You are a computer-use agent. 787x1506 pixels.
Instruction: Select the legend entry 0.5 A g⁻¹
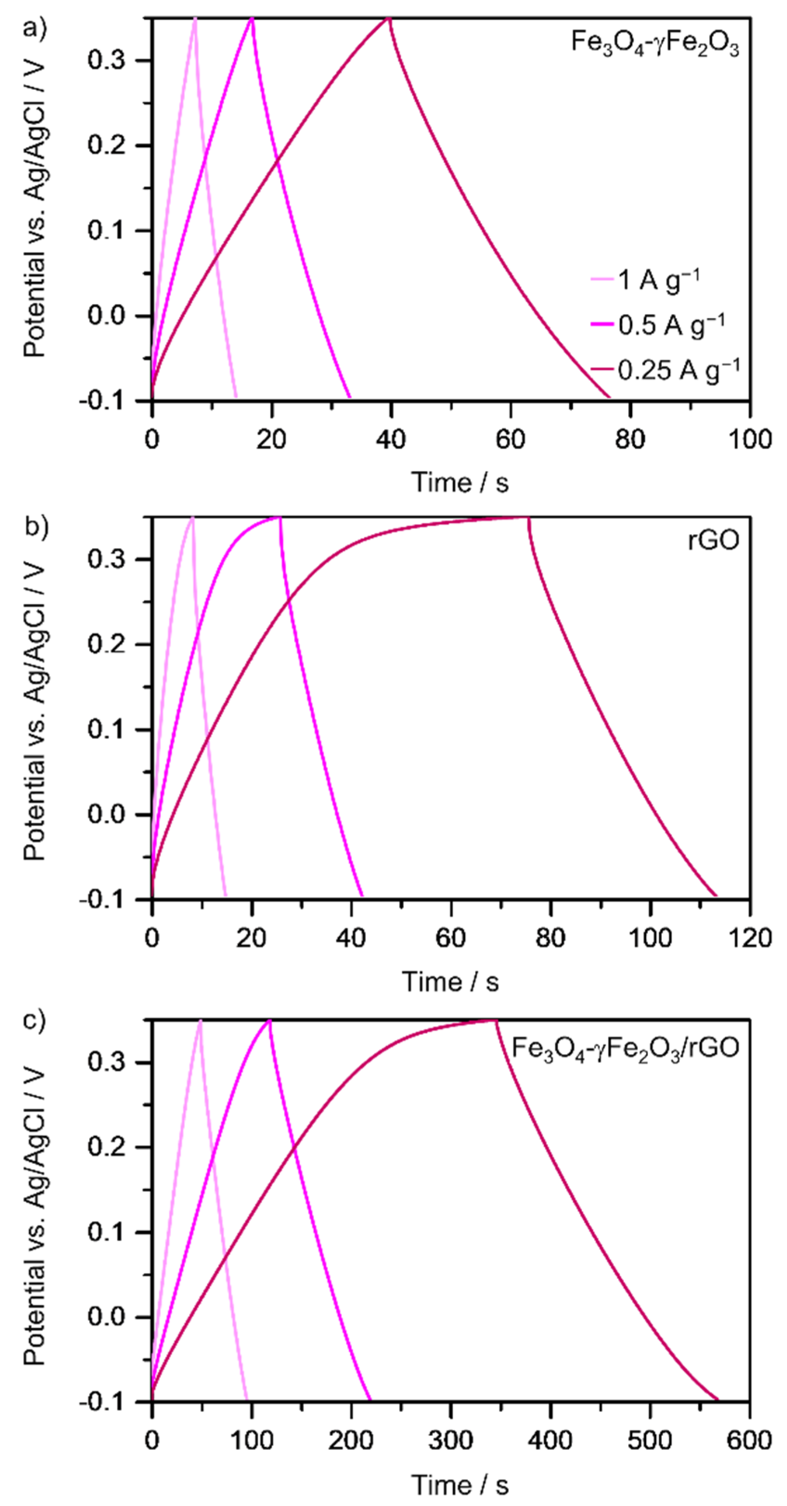[671, 324]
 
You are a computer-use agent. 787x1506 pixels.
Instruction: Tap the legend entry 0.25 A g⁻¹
[678, 369]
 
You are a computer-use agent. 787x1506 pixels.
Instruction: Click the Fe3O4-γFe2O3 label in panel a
[654, 44]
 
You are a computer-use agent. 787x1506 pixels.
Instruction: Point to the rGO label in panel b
[713, 540]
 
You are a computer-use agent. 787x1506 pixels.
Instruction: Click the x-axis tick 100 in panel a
[749, 439]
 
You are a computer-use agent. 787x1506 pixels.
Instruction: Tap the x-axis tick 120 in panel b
[749, 938]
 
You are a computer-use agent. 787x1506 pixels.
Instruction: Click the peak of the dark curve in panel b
[528, 517]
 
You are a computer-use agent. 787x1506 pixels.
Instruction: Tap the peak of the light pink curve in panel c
[200, 1021]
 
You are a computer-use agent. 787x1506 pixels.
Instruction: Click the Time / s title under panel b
[450, 981]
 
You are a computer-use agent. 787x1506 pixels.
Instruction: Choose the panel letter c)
[36, 1020]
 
